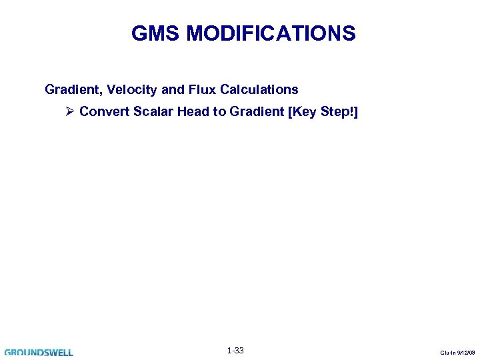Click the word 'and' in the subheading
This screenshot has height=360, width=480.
coord(169,89)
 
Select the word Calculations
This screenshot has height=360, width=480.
coord(257,89)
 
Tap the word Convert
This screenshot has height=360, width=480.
coord(104,111)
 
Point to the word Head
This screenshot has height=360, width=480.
coord(194,111)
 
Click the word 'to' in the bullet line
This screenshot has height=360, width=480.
coord(219,111)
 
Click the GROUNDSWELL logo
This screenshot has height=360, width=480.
coord(39,352)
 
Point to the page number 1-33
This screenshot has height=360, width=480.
coord(235,351)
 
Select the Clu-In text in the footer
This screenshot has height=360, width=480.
coord(449,353)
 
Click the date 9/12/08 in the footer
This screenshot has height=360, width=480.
coord(466,353)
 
